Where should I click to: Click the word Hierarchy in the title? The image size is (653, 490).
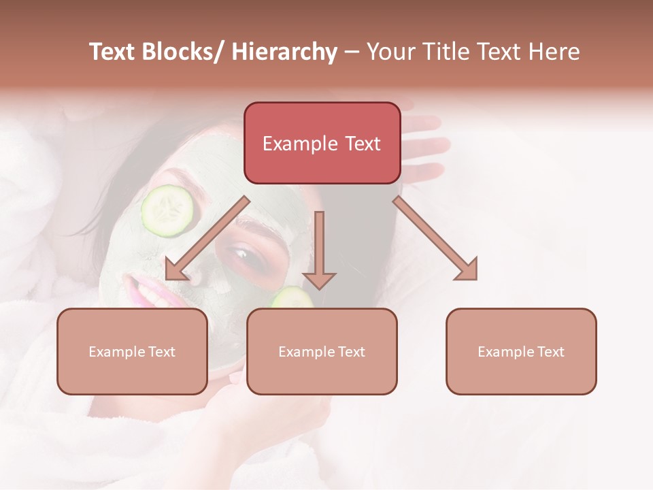pyautogui.click(x=284, y=52)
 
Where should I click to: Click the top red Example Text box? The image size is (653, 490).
pyautogui.click(x=322, y=143)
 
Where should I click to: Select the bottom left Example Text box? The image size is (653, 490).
pyautogui.click(x=132, y=351)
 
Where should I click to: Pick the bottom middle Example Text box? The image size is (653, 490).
pyautogui.click(x=322, y=351)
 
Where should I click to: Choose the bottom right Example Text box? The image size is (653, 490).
pyautogui.click(x=521, y=351)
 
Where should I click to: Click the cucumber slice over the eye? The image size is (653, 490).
pyautogui.click(x=167, y=210)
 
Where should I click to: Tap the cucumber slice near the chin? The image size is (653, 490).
pyautogui.click(x=292, y=298)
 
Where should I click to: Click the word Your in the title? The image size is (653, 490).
pyautogui.click(x=390, y=52)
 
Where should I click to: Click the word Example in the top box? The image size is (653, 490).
pyautogui.click(x=299, y=144)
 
